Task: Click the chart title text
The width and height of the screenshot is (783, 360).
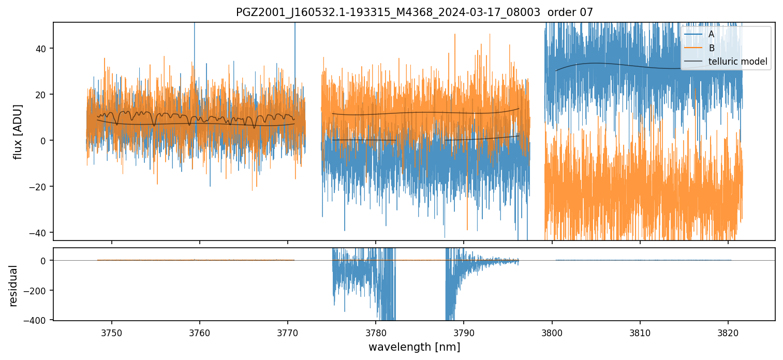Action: tap(414, 12)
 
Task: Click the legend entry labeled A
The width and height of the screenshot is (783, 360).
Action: tap(711, 34)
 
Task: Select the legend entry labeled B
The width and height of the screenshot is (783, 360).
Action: tap(711, 48)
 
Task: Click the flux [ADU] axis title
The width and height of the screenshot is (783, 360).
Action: tap(18, 131)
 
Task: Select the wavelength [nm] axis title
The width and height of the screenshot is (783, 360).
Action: tap(414, 347)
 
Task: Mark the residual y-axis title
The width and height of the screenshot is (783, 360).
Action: tap(13, 286)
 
